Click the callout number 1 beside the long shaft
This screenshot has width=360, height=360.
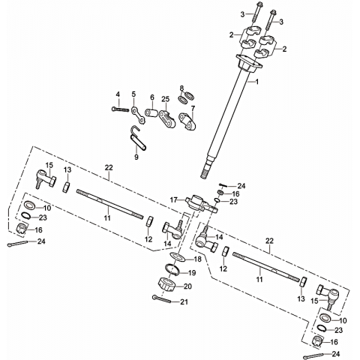click(256, 82)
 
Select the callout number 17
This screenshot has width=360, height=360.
click(174, 199)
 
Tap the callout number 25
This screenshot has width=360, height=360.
click(165, 99)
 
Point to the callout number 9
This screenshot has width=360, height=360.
click(136, 157)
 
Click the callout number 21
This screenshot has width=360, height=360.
click(184, 302)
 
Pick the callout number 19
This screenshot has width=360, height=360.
click(192, 273)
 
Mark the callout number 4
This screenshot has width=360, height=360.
click(118, 94)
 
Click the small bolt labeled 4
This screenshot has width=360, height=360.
click(120, 109)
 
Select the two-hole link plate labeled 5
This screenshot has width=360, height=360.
click(138, 115)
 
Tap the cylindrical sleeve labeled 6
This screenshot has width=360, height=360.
click(151, 112)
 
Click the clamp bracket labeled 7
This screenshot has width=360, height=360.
click(187, 121)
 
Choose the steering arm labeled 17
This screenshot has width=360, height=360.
click(201, 204)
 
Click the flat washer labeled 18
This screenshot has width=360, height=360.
click(178, 256)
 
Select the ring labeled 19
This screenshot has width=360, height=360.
click(172, 269)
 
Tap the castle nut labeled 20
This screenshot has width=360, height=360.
click(166, 285)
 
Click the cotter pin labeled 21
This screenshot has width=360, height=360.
click(161, 298)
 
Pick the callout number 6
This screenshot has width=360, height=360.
click(152, 97)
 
